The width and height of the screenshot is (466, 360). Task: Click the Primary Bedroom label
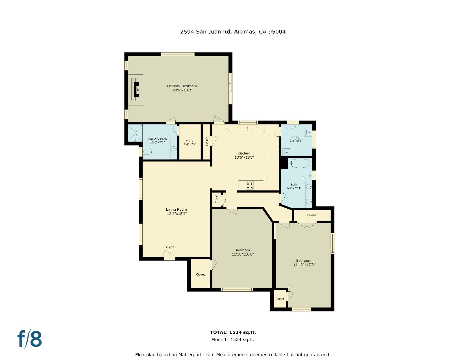182,86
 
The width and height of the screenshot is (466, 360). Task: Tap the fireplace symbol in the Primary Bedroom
136,90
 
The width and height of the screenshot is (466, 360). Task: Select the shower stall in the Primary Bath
135,134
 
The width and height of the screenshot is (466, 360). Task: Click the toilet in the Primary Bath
147,152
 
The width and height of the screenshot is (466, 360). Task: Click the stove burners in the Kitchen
249,185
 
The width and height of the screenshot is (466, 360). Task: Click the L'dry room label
295,137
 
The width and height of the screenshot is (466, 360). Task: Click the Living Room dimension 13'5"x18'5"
177,214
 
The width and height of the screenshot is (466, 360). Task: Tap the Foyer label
169,247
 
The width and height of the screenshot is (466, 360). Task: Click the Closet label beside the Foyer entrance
200,274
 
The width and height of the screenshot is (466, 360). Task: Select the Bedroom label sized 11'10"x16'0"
242,250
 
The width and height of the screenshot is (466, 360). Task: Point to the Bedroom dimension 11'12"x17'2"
304,265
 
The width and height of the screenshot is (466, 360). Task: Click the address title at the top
233,32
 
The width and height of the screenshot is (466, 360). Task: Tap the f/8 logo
30,339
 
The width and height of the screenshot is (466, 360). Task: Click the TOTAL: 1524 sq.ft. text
233,332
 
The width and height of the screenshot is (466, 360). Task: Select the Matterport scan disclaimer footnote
233,355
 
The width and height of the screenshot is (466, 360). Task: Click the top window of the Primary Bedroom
177,54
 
